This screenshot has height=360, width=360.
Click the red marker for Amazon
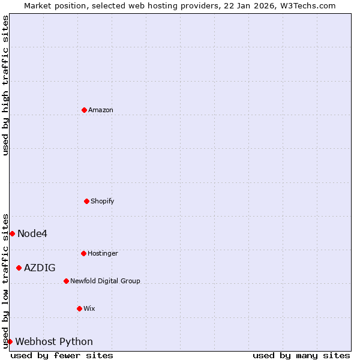(84, 110)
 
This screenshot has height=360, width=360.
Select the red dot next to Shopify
(86, 201)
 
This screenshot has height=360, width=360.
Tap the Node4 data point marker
(12, 233)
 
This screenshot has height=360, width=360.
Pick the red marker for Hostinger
(83, 253)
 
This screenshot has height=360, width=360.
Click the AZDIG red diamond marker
(19, 268)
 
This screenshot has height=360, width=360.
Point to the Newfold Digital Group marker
(66, 281)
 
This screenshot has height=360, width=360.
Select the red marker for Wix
(79, 308)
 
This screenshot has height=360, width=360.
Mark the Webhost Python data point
(10, 341)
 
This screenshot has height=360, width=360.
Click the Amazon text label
(101, 110)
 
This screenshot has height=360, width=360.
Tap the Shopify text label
(103, 201)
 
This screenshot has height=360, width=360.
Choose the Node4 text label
(32, 233)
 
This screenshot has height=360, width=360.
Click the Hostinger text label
(103, 253)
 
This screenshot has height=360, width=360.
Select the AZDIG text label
(40, 268)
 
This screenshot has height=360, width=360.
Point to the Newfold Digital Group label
(105, 281)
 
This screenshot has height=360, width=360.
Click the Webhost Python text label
(54, 341)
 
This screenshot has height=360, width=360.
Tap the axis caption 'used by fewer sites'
(62, 355)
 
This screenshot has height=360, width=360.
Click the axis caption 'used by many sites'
(301, 355)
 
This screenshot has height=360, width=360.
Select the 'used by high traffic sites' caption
(5, 85)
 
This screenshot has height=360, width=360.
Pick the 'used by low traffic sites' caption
(5, 281)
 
